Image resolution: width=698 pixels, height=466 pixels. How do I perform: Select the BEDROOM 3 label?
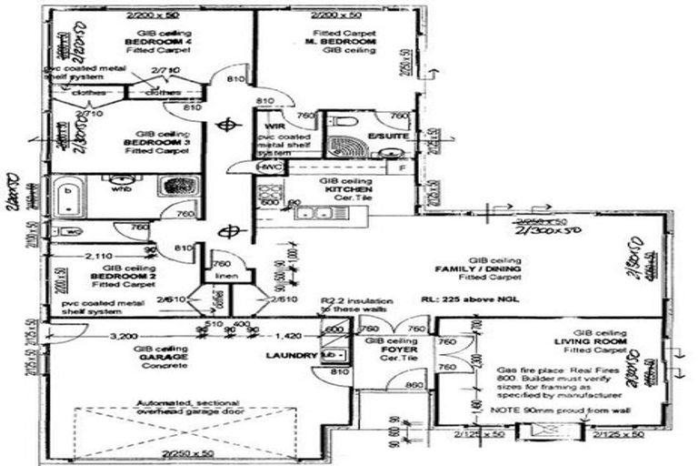(145, 145)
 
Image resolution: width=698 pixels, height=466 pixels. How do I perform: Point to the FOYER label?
(381, 351)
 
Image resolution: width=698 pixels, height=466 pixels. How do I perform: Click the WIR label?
(274, 125)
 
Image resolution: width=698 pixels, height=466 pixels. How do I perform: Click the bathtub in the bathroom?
(70, 197)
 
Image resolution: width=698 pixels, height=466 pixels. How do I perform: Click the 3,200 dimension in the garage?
(125, 336)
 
